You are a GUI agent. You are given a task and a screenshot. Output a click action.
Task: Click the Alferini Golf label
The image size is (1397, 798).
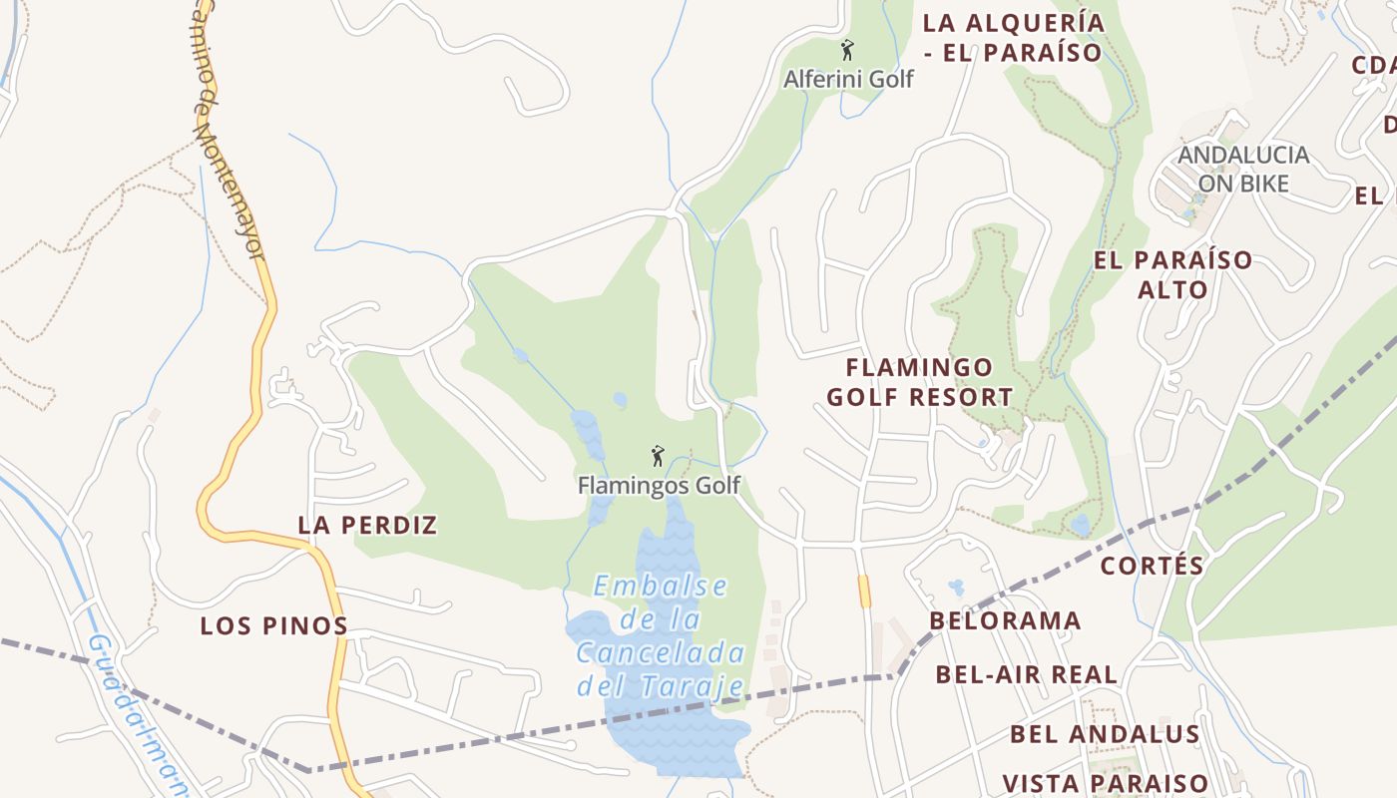848,79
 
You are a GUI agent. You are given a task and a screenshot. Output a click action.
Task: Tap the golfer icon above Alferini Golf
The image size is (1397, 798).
847,50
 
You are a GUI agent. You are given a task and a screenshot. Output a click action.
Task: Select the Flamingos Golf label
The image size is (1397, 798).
659,486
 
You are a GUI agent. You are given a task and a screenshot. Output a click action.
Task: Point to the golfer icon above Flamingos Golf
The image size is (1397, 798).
658,457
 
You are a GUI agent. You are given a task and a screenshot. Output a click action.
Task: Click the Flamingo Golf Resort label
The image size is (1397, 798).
919,382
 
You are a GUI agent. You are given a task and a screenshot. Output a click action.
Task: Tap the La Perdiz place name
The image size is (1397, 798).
367,525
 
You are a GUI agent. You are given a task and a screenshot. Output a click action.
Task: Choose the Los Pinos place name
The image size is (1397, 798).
273,626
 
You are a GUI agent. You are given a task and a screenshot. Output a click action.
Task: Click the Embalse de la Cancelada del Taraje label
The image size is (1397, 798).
661,635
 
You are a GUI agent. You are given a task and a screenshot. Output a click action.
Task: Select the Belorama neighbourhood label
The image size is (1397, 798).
1005,621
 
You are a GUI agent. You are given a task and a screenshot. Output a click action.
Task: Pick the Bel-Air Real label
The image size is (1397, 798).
1026,674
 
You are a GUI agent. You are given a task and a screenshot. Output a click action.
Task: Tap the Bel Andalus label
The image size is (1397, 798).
1104,734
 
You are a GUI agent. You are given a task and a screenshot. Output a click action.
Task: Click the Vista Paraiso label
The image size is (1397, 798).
1105,783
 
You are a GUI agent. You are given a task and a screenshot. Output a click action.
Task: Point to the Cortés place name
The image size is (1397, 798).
1153,566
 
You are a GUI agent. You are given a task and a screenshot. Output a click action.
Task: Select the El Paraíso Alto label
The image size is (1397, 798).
1172,274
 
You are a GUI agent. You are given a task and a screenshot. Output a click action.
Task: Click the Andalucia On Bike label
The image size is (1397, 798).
1243,169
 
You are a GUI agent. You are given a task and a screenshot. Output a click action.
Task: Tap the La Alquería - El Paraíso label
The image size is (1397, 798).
1013,37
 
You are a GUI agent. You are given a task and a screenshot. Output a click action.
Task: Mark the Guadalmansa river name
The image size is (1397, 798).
135,708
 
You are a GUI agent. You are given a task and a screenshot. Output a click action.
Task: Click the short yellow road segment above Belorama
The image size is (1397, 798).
864,592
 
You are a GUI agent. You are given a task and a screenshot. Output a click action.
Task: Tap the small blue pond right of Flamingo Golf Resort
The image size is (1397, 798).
1080,525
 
